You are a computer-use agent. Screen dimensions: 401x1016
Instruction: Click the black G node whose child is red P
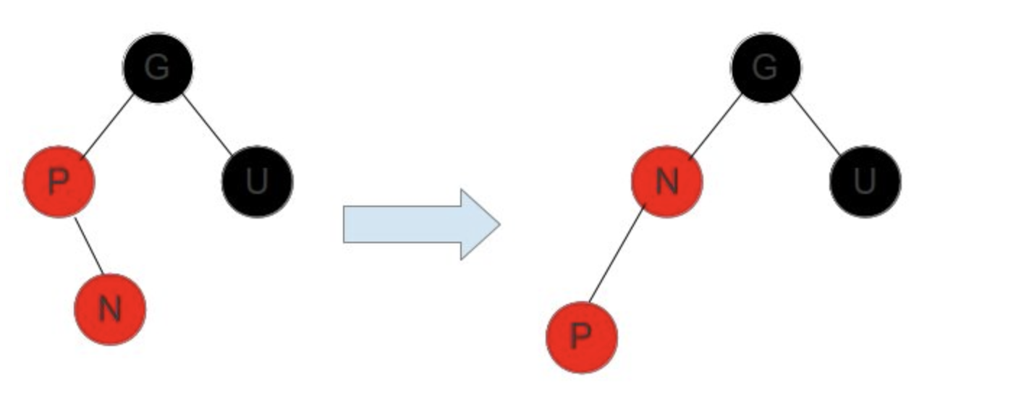tap(158, 67)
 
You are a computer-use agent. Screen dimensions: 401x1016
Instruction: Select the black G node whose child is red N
tap(766, 67)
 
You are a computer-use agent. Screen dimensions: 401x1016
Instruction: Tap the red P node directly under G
tap(59, 181)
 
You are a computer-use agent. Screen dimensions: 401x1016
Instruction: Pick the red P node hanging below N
tap(581, 337)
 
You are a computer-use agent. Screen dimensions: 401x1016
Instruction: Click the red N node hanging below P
tap(110, 309)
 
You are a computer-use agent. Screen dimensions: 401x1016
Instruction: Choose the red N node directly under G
tap(666, 181)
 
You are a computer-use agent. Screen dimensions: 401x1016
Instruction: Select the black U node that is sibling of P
tap(257, 181)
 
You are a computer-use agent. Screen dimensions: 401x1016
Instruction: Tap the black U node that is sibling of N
tap(865, 181)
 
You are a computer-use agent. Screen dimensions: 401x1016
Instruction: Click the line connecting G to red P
tap(107, 124)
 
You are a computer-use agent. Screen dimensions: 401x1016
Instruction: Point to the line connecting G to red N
tap(715, 124)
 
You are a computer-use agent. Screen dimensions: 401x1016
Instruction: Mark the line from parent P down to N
tap(88, 246)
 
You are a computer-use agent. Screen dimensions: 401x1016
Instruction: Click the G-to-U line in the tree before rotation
tap(208, 124)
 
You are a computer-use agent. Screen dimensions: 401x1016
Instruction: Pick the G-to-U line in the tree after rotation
tap(816, 124)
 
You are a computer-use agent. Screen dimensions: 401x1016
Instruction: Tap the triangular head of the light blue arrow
tap(479, 224)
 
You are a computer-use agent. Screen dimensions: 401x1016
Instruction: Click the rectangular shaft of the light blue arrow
tap(402, 224)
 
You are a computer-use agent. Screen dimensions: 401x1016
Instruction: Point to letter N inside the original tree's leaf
tap(110, 309)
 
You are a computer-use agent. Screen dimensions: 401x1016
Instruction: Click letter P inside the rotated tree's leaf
tap(581, 337)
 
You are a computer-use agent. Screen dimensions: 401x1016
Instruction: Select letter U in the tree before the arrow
tap(257, 181)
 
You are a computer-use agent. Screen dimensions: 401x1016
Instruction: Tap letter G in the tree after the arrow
tap(766, 67)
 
